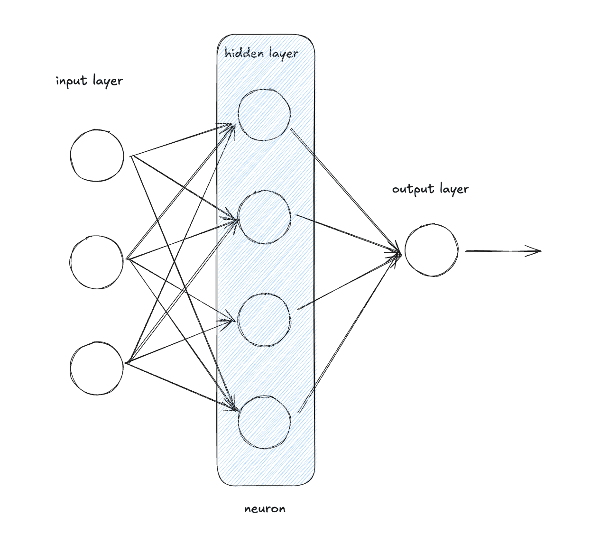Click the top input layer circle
97,156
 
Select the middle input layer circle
96,262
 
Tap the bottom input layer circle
96,368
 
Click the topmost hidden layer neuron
264,114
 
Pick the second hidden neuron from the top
264,217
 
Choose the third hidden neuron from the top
264,320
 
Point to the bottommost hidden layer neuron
264,423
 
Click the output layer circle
432,250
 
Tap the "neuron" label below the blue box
265,509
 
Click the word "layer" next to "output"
454,189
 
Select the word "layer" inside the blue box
283,53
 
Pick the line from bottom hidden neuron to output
349,332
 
